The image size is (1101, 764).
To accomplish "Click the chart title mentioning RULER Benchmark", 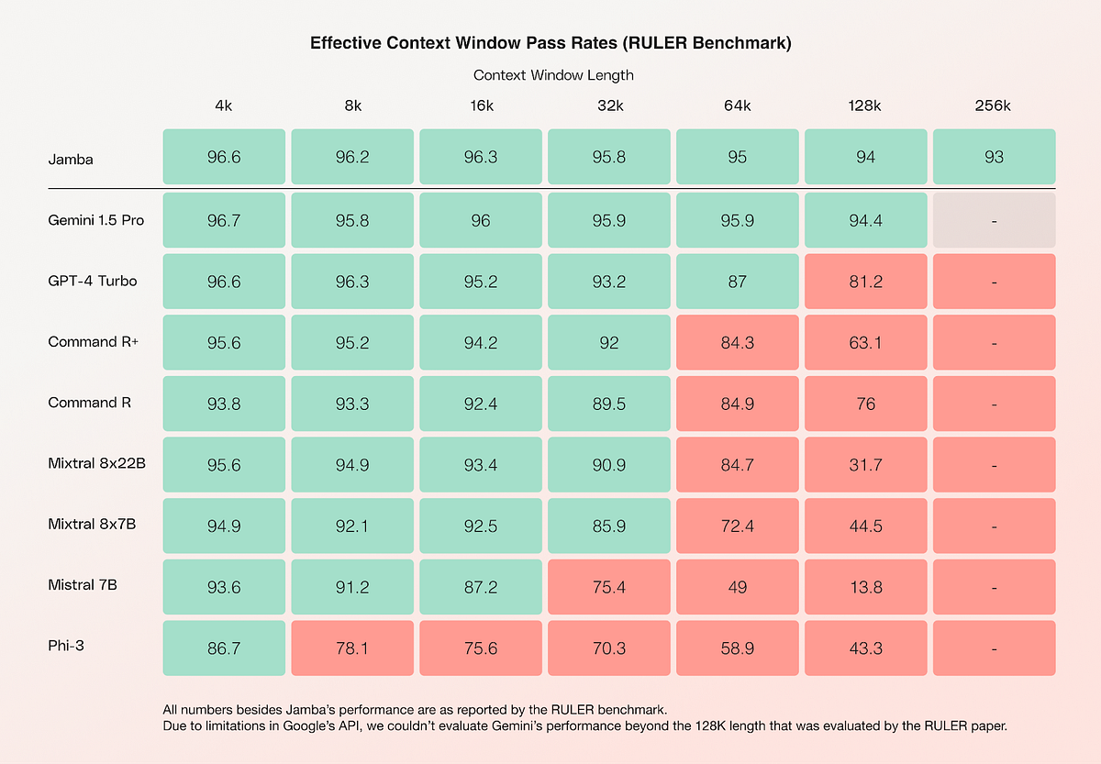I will point(550,43).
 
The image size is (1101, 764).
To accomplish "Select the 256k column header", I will point(994,105).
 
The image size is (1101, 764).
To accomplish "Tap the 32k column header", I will point(608,105).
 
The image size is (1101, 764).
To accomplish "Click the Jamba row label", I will point(71,160).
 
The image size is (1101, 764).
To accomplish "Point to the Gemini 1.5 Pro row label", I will point(96,220).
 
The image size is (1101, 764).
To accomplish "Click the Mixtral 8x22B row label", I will point(97,463).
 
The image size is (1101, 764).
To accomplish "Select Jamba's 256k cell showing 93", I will point(994,157).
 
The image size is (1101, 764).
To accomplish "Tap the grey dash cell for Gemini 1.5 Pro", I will point(994,220).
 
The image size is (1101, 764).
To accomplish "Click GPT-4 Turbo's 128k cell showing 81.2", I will point(865,282).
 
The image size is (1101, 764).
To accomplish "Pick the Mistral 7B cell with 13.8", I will point(865,587).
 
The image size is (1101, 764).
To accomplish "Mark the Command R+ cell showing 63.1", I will point(865,343).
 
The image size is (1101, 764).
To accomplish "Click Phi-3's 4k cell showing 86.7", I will point(224,648).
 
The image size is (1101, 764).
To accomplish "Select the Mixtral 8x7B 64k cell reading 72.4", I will point(737,526).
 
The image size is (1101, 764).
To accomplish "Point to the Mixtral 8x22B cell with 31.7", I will point(865,465).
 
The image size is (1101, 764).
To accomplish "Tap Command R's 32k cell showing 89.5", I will point(608,404).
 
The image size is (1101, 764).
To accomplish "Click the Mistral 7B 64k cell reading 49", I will point(737,587).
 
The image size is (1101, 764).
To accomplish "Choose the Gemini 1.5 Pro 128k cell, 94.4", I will point(865,220).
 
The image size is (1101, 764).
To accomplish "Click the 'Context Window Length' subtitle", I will point(553,75).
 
